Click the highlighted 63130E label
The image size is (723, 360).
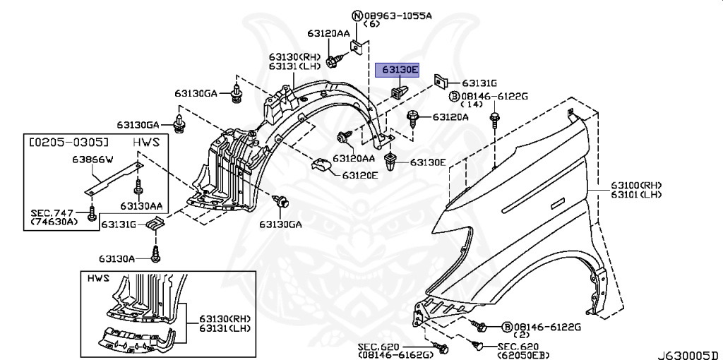pos(400,70)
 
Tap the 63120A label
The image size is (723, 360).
pos(450,116)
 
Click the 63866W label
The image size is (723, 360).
pos(90,160)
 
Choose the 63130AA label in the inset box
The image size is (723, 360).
pos(141,206)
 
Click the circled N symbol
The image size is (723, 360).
pos(357,15)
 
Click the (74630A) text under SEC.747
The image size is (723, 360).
pos(55,223)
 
